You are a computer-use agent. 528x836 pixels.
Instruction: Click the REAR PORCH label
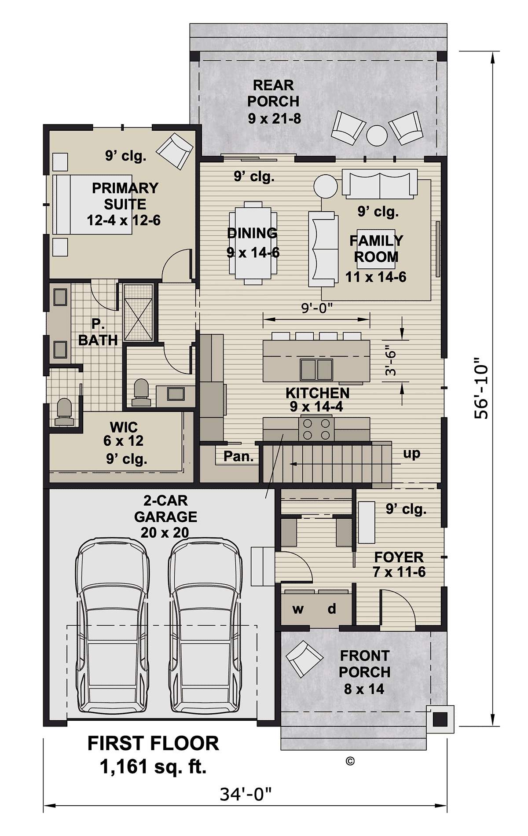(x=273, y=93)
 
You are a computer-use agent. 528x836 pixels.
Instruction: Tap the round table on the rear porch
(x=377, y=136)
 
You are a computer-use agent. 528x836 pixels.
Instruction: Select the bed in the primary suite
(x=92, y=205)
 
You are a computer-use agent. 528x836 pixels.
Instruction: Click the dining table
(x=253, y=240)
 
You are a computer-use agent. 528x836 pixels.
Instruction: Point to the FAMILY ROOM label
(x=376, y=249)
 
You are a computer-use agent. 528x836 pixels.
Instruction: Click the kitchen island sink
(x=316, y=369)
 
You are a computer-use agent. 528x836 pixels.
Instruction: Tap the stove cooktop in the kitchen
(x=316, y=429)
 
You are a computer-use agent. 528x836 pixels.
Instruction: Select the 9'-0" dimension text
(x=316, y=308)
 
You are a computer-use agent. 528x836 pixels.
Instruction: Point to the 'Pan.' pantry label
(x=238, y=456)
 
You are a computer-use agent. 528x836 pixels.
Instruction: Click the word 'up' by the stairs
(x=412, y=454)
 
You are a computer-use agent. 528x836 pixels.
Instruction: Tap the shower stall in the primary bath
(x=138, y=313)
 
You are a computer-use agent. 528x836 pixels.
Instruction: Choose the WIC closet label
(x=124, y=427)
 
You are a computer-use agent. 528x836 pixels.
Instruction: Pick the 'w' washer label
(x=298, y=609)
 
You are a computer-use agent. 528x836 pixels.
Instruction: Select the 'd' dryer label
(x=332, y=609)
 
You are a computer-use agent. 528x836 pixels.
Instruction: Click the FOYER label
(x=399, y=557)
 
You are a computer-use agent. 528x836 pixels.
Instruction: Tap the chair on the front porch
(x=304, y=659)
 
